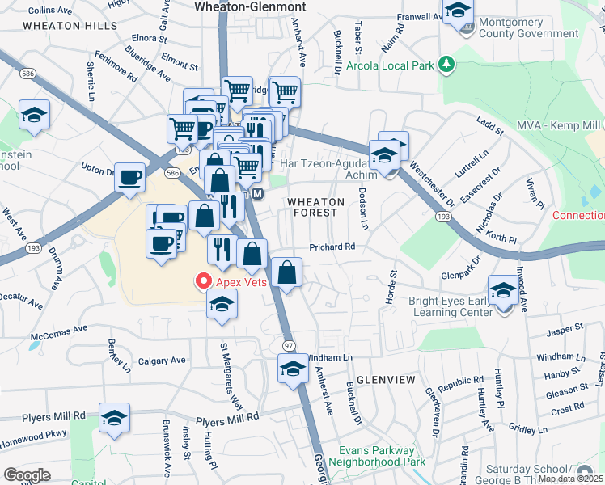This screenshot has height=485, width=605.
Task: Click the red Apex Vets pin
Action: [x=203, y=281]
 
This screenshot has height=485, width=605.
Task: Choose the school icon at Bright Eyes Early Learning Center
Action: [x=502, y=289]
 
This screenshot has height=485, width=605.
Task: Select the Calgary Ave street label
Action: [x=162, y=361]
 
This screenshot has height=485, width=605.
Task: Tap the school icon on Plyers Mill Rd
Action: [x=115, y=418]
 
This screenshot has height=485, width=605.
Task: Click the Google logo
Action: [x=27, y=475]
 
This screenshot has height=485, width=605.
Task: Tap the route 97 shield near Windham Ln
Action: [x=288, y=345]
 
